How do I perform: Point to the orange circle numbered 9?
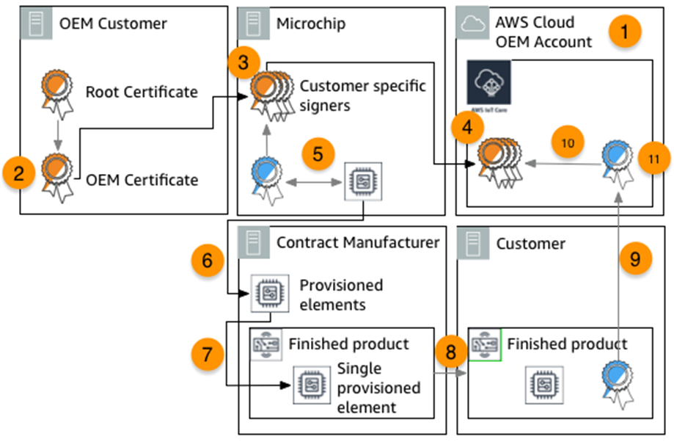(634, 260)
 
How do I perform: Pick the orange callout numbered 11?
(650, 159)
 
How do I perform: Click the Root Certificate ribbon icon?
(54, 92)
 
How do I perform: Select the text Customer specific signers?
(362, 95)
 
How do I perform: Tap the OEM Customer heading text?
(113, 23)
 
